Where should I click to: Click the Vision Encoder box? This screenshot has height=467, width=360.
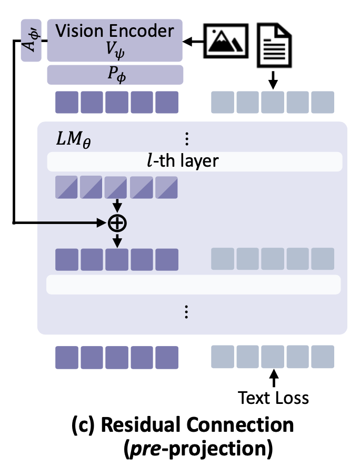point(115,40)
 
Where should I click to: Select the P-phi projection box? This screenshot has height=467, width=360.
point(115,75)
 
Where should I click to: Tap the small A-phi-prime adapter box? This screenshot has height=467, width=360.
point(31,40)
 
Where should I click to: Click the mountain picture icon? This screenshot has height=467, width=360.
point(225,40)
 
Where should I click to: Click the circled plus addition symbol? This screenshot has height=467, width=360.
point(117,224)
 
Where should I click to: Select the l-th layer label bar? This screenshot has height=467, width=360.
point(195,161)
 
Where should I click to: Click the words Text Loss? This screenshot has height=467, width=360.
point(273,397)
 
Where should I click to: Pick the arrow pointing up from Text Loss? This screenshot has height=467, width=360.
point(273,378)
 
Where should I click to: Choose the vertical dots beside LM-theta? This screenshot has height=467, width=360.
point(186,139)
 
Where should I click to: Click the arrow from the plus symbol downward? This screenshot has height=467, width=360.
point(117,240)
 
